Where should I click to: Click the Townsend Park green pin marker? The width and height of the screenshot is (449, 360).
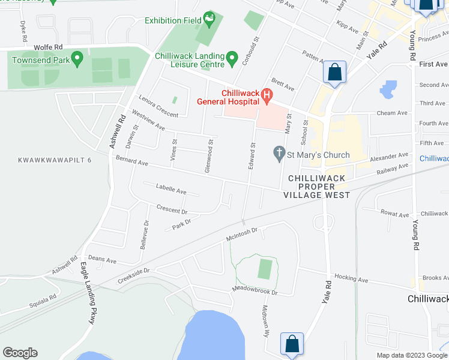(77, 59)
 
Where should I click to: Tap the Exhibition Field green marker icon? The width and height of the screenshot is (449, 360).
(209, 20)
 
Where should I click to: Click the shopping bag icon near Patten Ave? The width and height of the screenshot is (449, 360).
(334, 73)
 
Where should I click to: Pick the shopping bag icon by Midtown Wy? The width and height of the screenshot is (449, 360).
(291, 344)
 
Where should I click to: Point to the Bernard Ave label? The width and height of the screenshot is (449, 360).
(132, 162)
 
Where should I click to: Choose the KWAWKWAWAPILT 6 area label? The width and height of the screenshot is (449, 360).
(55, 160)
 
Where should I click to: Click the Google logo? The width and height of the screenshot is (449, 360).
(20, 353)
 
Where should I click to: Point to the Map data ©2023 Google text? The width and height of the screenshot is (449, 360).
(412, 355)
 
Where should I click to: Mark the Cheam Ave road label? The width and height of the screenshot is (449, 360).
(391, 113)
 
